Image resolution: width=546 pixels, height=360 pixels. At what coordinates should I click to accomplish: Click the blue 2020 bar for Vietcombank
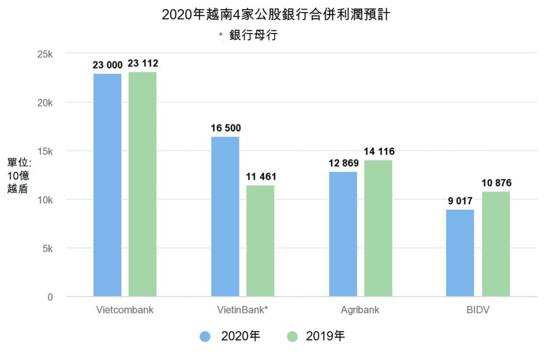coord(107,185)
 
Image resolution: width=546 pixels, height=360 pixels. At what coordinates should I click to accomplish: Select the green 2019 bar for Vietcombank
coord(142,184)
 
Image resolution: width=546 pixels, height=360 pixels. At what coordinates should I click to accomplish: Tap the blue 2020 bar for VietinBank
coord(225,217)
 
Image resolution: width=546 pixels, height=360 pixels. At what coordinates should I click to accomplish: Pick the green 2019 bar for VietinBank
coord(260,241)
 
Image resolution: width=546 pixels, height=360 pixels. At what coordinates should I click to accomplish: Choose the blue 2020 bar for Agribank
coord(343,234)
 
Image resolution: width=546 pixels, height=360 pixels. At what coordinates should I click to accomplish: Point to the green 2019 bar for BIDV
coord(496,244)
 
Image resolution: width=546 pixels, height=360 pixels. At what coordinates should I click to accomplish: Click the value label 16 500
coord(226,128)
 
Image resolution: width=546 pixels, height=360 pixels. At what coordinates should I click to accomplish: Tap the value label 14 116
coord(379,151)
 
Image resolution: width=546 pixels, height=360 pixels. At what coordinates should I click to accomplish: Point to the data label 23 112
coord(143,63)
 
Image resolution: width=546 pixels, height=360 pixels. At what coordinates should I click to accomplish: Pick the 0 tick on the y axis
coord(50,297)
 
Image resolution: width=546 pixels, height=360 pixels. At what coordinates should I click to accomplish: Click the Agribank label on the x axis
coord(360,310)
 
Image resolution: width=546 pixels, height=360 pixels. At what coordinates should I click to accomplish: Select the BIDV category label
coord(478,310)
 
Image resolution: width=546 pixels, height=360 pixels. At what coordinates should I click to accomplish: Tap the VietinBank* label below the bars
coord(243,310)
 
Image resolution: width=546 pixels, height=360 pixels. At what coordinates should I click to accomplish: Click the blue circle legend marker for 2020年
coord(206,337)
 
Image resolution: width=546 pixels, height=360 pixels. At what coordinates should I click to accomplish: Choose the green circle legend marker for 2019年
coord(292,337)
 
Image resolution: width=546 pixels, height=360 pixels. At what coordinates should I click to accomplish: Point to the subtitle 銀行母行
coord(253,36)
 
